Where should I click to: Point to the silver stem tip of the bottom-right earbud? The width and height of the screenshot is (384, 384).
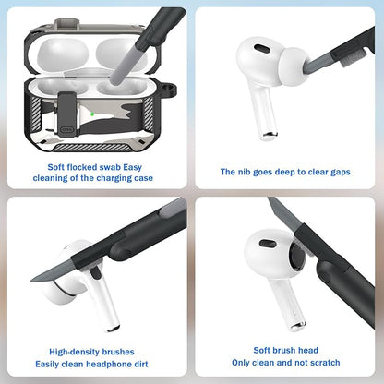coord(297,325)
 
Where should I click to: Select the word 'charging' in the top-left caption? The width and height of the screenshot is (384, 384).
coord(108,178)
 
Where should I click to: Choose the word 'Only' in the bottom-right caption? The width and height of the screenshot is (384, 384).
coord(242,363)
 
